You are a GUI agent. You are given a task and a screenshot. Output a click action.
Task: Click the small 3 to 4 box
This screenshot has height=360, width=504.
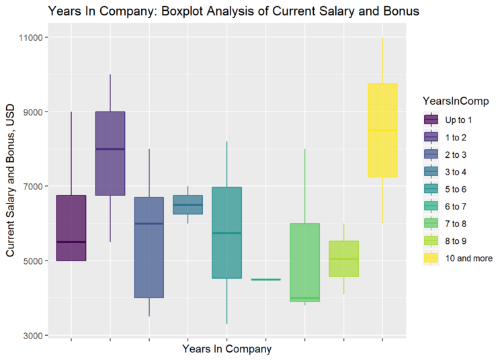[188, 204]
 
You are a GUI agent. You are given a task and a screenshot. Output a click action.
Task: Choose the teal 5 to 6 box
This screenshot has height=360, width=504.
[227, 232]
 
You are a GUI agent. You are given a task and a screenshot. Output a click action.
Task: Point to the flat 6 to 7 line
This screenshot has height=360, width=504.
[265, 279]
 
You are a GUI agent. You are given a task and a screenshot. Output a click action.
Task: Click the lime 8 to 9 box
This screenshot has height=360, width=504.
[343, 259]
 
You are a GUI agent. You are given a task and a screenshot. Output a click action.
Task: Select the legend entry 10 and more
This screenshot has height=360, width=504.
[468, 258]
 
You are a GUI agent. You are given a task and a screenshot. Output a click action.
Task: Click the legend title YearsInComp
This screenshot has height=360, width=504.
[460, 101]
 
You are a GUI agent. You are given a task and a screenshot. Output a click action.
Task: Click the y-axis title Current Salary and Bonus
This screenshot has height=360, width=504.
[10, 187]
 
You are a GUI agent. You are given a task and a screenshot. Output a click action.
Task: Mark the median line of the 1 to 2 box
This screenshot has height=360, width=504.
[110, 149]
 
